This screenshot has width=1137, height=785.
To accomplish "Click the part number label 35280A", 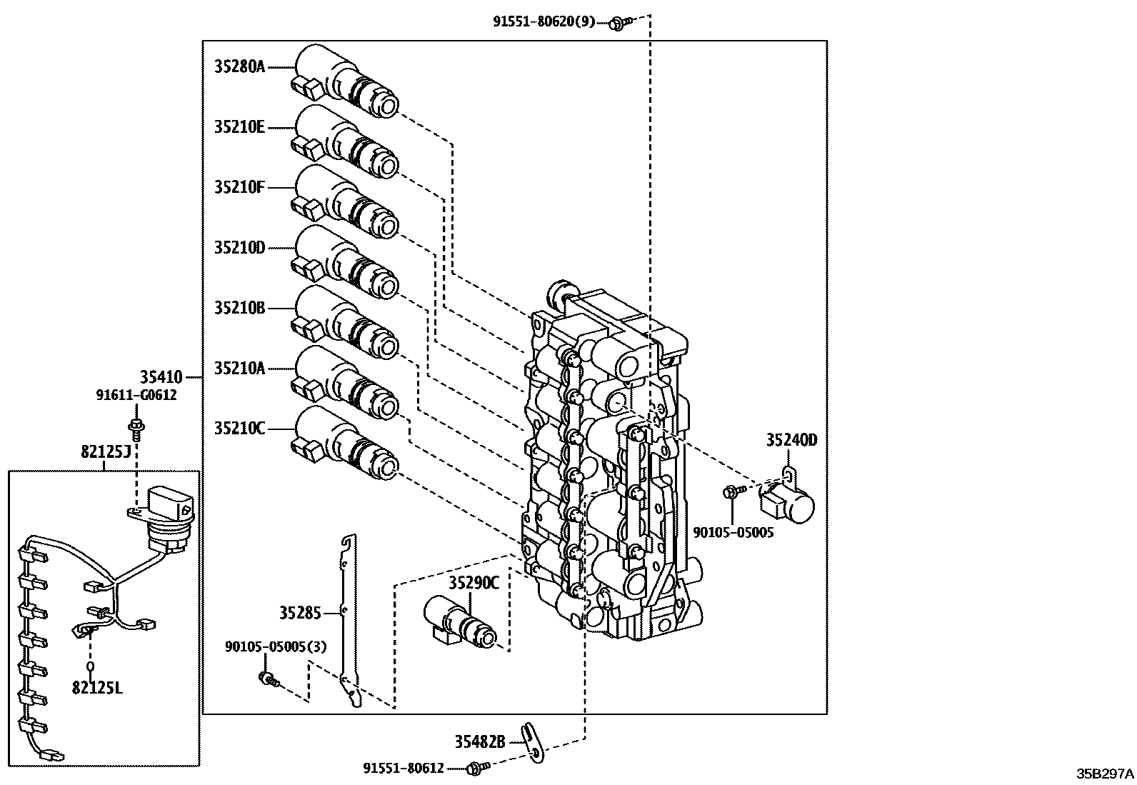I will tap(239, 67).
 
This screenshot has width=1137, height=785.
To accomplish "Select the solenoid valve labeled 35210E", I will tap(346, 143).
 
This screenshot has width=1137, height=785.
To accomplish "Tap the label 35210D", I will tap(239, 248).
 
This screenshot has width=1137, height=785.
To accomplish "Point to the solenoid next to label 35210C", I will tap(346, 444).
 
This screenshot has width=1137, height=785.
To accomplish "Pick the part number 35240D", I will tap(791, 440).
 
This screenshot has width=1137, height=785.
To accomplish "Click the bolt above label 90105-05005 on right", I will tap(732, 491).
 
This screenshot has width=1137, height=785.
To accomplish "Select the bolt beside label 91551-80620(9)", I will tap(616, 24).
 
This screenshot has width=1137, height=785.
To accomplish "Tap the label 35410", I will tap(161, 376).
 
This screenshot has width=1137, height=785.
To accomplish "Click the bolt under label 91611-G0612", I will tap(135, 429).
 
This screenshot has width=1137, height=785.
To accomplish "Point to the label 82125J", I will tap(105, 451).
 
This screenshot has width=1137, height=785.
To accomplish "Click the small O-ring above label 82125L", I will tap(91, 667).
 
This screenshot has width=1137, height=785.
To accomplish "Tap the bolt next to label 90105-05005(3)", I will tap(267, 679).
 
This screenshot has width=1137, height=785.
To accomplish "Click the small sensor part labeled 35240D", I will tap(787, 501).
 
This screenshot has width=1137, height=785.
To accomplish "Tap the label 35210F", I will tap(239, 187).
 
